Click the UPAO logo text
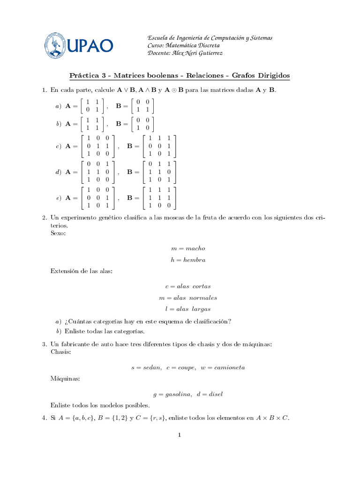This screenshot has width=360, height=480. (90, 45)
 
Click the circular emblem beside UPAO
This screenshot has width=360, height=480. (56, 45)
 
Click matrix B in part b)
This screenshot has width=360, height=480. (142, 124)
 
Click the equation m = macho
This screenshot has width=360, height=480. (188, 248)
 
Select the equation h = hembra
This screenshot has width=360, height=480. (188, 260)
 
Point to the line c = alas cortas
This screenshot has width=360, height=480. (188, 286)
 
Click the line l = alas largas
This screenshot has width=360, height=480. (188, 309)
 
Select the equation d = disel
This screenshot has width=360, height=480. (210, 394)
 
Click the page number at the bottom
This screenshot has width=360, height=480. (179, 435)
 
